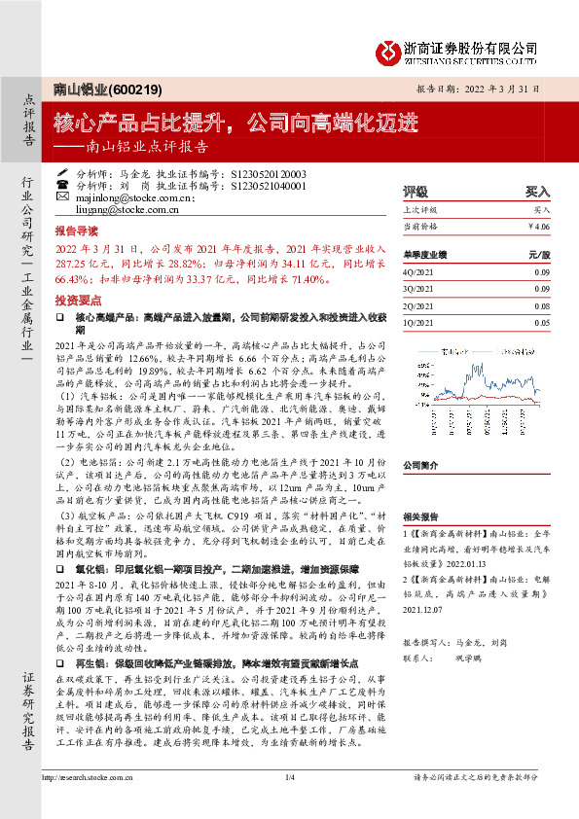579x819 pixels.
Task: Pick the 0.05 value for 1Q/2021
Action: (x=540, y=321)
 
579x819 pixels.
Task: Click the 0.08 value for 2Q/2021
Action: (x=540, y=304)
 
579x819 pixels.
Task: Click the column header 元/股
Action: (x=539, y=255)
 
